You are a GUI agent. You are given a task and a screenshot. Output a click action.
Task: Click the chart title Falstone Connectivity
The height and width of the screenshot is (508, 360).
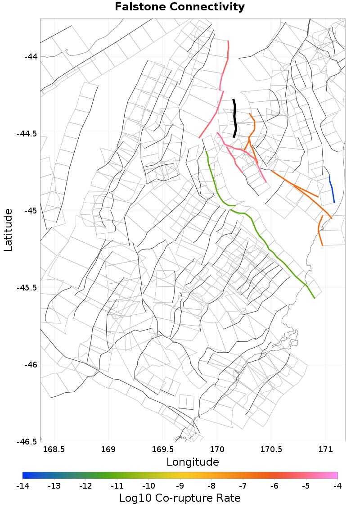(x=180, y=7)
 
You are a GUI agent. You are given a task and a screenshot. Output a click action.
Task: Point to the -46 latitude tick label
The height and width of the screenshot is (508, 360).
(x=30, y=365)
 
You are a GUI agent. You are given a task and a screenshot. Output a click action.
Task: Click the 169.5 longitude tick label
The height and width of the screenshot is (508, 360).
(x=162, y=449)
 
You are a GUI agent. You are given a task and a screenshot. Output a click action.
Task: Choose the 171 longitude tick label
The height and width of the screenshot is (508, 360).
(x=325, y=449)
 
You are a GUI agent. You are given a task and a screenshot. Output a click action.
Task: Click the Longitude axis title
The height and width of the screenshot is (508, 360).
(x=193, y=462)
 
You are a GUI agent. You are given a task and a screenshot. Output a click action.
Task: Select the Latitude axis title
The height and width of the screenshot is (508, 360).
(x=9, y=230)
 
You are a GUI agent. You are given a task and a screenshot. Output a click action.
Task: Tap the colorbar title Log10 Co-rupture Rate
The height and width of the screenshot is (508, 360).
(x=180, y=498)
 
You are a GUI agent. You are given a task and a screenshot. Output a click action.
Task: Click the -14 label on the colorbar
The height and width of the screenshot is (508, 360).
(x=22, y=486)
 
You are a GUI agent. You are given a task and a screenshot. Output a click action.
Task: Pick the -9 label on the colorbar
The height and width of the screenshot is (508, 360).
(x=180, y=486)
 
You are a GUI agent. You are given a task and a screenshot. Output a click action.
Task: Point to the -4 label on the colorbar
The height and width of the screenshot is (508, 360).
(x=337, y=486)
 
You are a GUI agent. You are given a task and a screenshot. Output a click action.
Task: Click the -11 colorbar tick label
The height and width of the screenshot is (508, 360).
(x=117, y=486)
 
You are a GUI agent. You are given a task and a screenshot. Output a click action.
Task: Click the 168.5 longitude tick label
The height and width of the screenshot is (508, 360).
(x=54, y=449)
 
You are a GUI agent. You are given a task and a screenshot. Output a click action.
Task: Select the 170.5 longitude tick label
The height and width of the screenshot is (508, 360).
(x=271, y=449)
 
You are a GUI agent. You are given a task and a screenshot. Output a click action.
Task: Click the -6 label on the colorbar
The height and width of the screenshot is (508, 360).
(x=274, y=486)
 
